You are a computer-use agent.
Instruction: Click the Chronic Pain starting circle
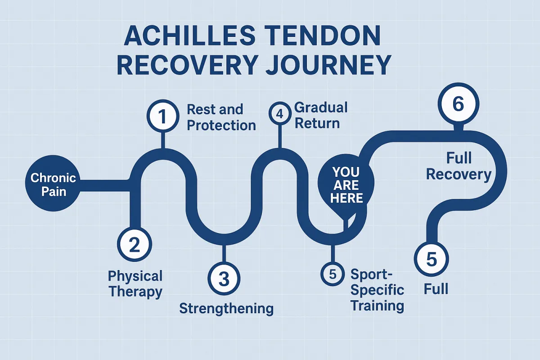click(x=53, y=183)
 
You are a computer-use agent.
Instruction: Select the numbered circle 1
click(x=163, y=116)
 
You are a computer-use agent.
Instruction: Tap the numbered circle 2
click(x=135, y=244)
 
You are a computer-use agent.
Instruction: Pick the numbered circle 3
click(x=224, y=279)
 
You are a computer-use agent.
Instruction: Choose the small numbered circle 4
click(x=279, y=113)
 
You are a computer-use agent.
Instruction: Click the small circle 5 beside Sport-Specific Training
click(x=333, y=274)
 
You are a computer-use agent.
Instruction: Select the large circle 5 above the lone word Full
click(x=431, y=259)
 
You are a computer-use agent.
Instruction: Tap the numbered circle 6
click(x=458, y=103)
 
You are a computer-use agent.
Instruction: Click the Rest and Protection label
click(x=221, y=117)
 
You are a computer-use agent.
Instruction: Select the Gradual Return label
click(x=321, y=115)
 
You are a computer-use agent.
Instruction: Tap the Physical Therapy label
click(x=135, y=284)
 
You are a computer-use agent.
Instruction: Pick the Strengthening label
click(x=226, y=309)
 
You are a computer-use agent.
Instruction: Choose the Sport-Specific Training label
click(x=377, y=290)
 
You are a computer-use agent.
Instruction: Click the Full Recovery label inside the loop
click(x=459, y=166)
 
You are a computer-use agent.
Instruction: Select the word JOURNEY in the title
click(x=328, y=65)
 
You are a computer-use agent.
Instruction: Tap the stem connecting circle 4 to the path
click(x=279, y=136)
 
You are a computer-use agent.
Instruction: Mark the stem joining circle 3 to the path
click(x=224, y=254)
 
